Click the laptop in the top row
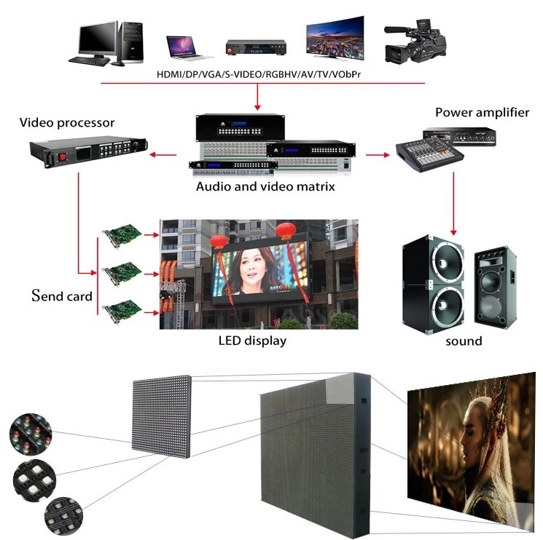tap(188, 48)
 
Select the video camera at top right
tap(415, 42)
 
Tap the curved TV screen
tap(335, 38)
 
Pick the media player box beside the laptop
tap(257, 47)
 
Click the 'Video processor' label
tap(67, 123)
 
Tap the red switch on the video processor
tap(63, 157)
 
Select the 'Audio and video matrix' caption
tap(265, 187)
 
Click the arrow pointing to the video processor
tap(163, 154)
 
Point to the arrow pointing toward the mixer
tap(378, 155)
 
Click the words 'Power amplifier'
tap(482, 113)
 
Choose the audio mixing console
tap(430, 156)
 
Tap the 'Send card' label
tap(62, 296)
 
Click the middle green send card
tap(122, 274)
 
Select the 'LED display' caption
tap(252, 341)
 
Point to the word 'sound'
tap(464, 341)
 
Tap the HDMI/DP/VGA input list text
tap(259, 74)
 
